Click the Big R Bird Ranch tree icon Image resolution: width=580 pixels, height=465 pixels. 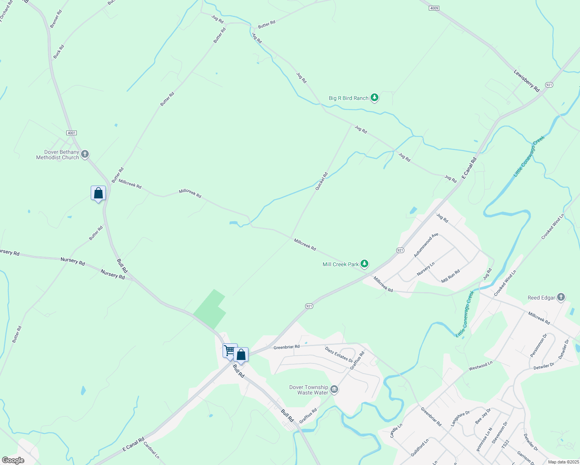(x=374, y=98)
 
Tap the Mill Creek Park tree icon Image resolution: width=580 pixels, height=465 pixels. (x=364, y=264)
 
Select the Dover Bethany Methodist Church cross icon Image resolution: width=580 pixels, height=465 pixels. (x=85, y=154)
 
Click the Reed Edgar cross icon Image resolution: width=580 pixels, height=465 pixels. (x=561, y=297)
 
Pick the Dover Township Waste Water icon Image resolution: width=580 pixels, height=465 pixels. (x=334, y=389)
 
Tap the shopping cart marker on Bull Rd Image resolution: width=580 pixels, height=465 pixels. (x=230, y=351)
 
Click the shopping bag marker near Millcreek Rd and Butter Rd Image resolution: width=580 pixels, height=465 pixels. (x=98, y=193)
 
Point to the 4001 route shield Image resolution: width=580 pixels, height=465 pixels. (x=71, y=133)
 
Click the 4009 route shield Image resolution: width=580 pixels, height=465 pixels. (x=434, y=8)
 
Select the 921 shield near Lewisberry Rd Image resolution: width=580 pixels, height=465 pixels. (x=549, y=85)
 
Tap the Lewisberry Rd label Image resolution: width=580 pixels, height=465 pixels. (x=526, y=81)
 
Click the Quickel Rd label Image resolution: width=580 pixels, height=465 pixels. (x=321, y=181)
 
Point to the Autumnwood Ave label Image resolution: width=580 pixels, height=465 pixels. (x=426, y=245)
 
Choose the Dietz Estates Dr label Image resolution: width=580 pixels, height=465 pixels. (x=339, y=355)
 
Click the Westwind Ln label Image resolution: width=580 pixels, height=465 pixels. (x=480, y=365)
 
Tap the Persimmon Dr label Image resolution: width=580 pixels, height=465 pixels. (x=538, y=345)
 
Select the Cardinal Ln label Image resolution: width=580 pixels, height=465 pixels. (x=151, y=450)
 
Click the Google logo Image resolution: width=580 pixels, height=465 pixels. (x=13, y=460)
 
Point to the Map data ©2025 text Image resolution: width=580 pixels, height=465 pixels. (x=563, y=462)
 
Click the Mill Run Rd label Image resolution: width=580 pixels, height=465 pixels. (x=451, y=276)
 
